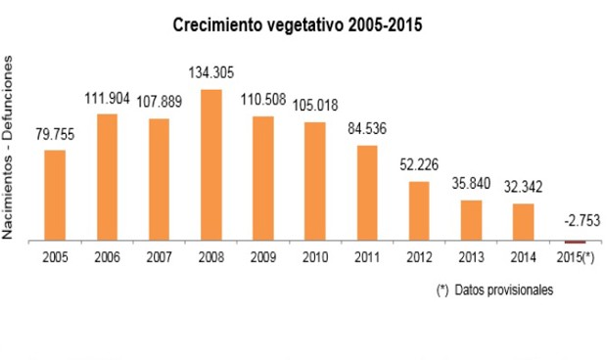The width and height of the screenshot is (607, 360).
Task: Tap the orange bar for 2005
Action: click(x=56, y=195)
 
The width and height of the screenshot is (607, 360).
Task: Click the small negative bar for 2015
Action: click(x=575, y=242)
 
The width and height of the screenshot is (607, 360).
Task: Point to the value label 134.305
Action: click(x=211, y=72)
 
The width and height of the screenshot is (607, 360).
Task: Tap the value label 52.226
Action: click(x=419, y=164)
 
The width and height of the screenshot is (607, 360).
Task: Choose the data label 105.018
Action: click(x=315, y=106)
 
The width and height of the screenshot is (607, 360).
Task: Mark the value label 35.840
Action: click(x=471, y=183)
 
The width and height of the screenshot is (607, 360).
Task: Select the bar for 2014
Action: click(x=523, y=221)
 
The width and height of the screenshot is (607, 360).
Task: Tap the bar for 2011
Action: click(x=367, y=192)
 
